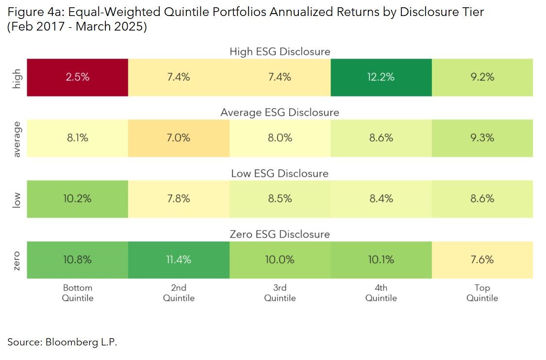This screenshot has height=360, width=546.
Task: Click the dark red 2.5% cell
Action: (78, 77)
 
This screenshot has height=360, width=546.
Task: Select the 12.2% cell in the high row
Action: (381, 77)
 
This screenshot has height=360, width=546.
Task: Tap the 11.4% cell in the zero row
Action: (179, 260)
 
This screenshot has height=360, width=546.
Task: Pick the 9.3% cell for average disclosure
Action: (482, 138)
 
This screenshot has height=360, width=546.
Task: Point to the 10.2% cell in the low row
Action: (78, 198)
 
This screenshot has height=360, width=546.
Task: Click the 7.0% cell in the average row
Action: (179, 138)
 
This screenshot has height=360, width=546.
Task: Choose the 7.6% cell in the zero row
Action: (482, 260)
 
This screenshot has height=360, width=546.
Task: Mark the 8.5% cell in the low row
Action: (280, 198)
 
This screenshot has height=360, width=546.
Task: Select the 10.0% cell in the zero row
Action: (280, 260)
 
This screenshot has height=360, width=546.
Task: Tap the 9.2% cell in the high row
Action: (482, 77)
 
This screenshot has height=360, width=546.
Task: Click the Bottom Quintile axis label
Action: (78, 293)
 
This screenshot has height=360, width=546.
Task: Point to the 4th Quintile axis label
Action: (381, 293)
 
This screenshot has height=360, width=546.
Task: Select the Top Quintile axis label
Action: (482, 293)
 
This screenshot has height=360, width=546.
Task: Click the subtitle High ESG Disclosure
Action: (280, 51)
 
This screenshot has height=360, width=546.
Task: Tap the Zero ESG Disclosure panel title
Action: (280, 234)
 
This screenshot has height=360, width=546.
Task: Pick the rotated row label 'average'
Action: (17, 139)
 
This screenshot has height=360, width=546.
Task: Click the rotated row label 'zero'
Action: (17, 260)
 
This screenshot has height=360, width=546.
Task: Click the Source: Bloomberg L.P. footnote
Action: (62, 342)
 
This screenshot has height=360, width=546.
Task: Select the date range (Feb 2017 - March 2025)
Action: (77, 27)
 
